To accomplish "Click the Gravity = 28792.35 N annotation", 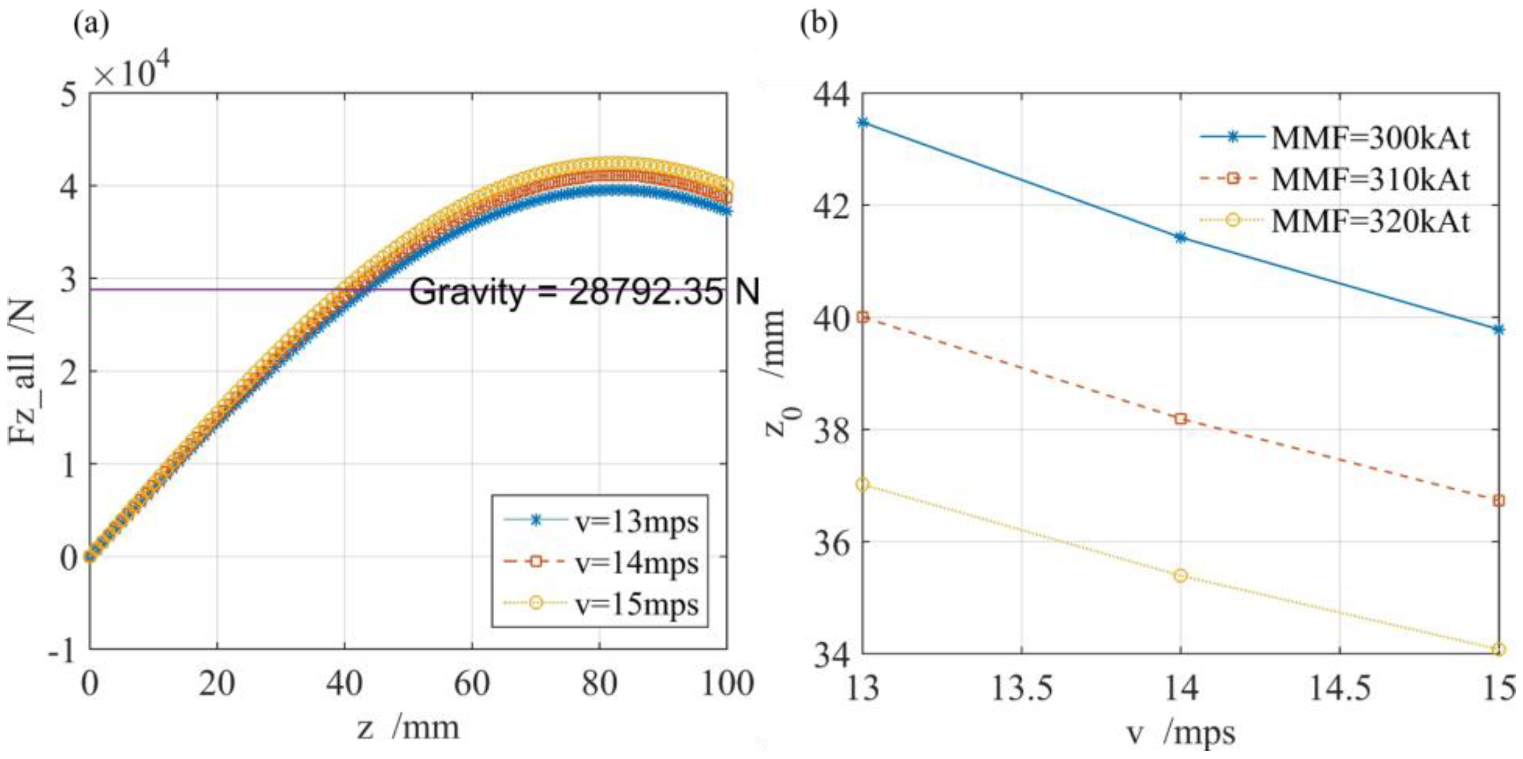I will coord(584,292).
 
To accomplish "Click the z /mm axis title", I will coord(407,728).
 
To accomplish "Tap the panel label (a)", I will coord(90,24).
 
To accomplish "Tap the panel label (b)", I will coord(818,24).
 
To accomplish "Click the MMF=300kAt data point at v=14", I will coord(1181,238).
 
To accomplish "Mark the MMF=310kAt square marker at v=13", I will coord(862,318).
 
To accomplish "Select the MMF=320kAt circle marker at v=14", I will coord(1181,576).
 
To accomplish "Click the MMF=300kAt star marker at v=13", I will coord(862,122).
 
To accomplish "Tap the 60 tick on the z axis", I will coord(472,684).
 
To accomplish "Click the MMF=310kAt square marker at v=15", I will coord(1498,501).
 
